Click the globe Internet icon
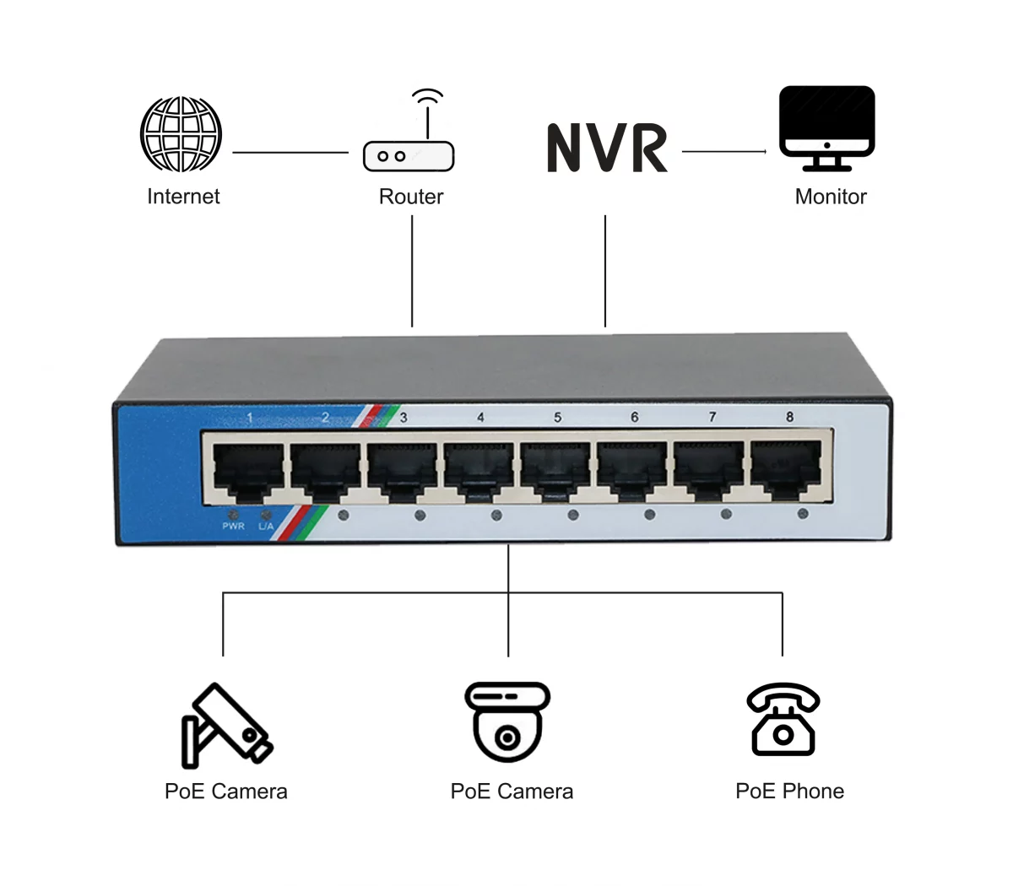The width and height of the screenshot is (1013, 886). (x=181, y=133)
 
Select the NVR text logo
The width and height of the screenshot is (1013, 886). (x=607, y=149)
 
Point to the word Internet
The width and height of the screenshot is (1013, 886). (x=183, y=197)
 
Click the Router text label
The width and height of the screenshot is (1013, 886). (x=411, y=197)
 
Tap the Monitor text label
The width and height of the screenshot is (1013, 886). (x=831, y=197)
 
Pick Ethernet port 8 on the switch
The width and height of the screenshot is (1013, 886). (x=785, y=467)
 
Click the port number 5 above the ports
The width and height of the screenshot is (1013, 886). (x=558, y=417)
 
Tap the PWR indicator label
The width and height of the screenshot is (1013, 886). (x=233, y=527)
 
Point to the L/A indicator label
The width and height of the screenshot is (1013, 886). (x=266, y=527)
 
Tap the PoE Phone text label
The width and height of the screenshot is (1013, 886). (x=789, y=791)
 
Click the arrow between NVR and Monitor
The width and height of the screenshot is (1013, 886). (x=724, y=152)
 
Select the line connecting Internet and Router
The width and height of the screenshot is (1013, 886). (x=290, y=153)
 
